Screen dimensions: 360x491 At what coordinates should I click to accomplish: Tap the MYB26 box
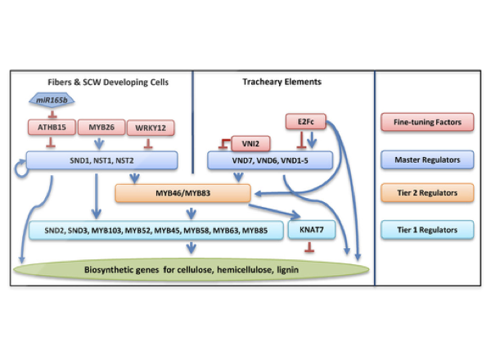(101, 128)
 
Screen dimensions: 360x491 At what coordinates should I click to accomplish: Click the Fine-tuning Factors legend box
(431, 122)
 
